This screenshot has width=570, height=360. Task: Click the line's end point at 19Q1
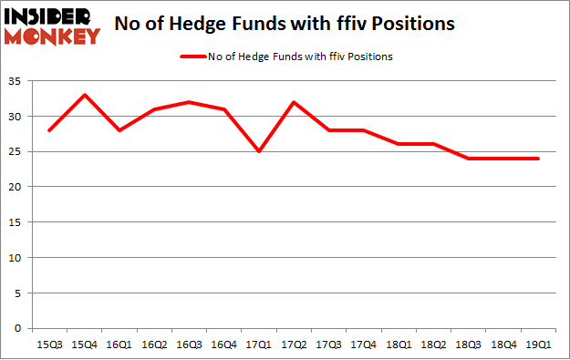(x=536, y=159)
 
